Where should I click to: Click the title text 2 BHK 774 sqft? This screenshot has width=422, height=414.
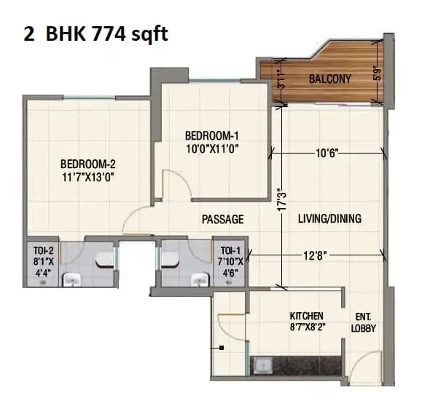(x=95, y=34)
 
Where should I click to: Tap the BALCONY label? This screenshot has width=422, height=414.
(x=329, y=79)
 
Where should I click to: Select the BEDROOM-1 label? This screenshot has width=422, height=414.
(x=211, y=135)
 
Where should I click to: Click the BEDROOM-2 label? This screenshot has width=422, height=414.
(x=87, y=163)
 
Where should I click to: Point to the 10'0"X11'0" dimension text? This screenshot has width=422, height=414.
(x=211, y=149)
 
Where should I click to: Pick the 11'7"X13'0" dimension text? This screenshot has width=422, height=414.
(x=87, y=176)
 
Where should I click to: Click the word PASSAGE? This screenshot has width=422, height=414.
(x=223, y=219)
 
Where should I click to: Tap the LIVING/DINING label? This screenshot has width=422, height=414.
(x=329, y=218)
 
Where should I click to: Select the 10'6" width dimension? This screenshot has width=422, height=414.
(x=327, y=154)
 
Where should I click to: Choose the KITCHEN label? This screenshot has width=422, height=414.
(x=307, y=316)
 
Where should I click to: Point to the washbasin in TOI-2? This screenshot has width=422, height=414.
(x=71, y=278)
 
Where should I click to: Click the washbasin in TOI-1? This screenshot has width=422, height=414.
(x=198, y=278)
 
